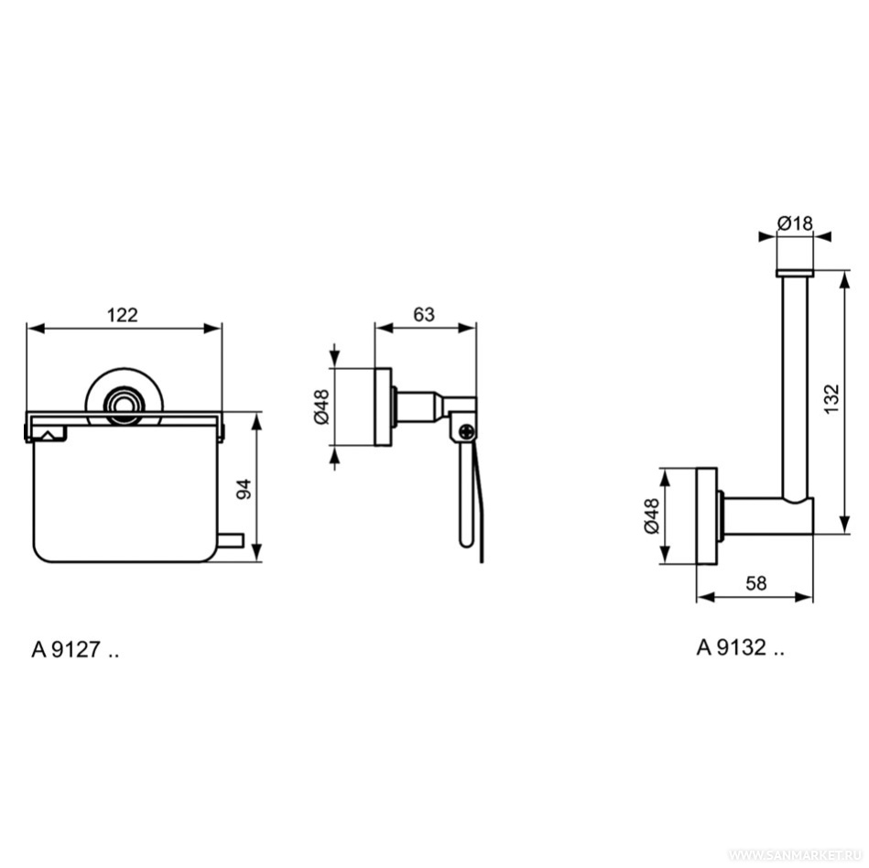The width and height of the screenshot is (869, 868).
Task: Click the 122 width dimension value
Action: click(x=122, y=315)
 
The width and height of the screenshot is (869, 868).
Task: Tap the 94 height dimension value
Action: click(x=244, y=489)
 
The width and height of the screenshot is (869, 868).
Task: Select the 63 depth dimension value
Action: click(x=424, y=314)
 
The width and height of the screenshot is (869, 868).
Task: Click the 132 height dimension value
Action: click(x=831, y=398)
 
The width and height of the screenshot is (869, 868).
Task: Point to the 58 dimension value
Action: click(x=756, y=583)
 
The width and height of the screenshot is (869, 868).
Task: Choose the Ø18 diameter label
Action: click(x=795, y=223)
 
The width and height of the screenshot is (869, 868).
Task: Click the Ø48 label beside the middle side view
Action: click(x=321, y=407)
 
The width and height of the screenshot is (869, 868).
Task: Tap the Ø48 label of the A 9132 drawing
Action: click(x=652, y=516)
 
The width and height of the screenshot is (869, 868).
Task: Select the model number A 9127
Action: click(x=75, y=649)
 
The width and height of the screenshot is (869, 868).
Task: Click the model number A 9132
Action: click(x=740, y=646)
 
